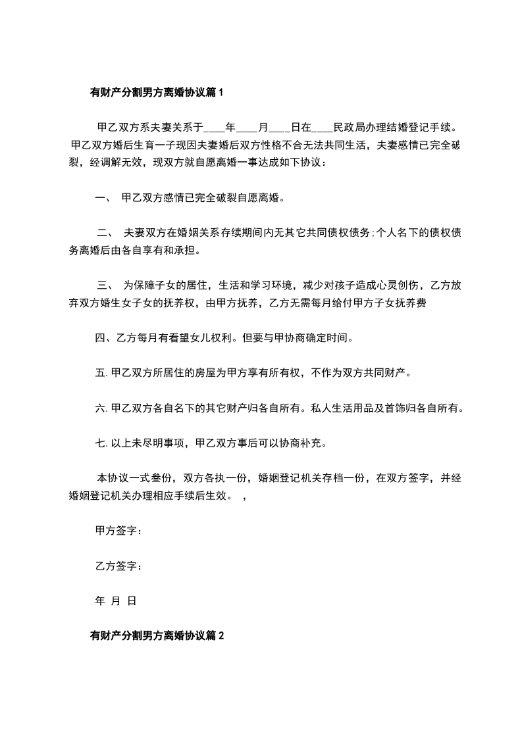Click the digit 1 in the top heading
coord(221,93)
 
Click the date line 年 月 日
coord(116,600)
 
